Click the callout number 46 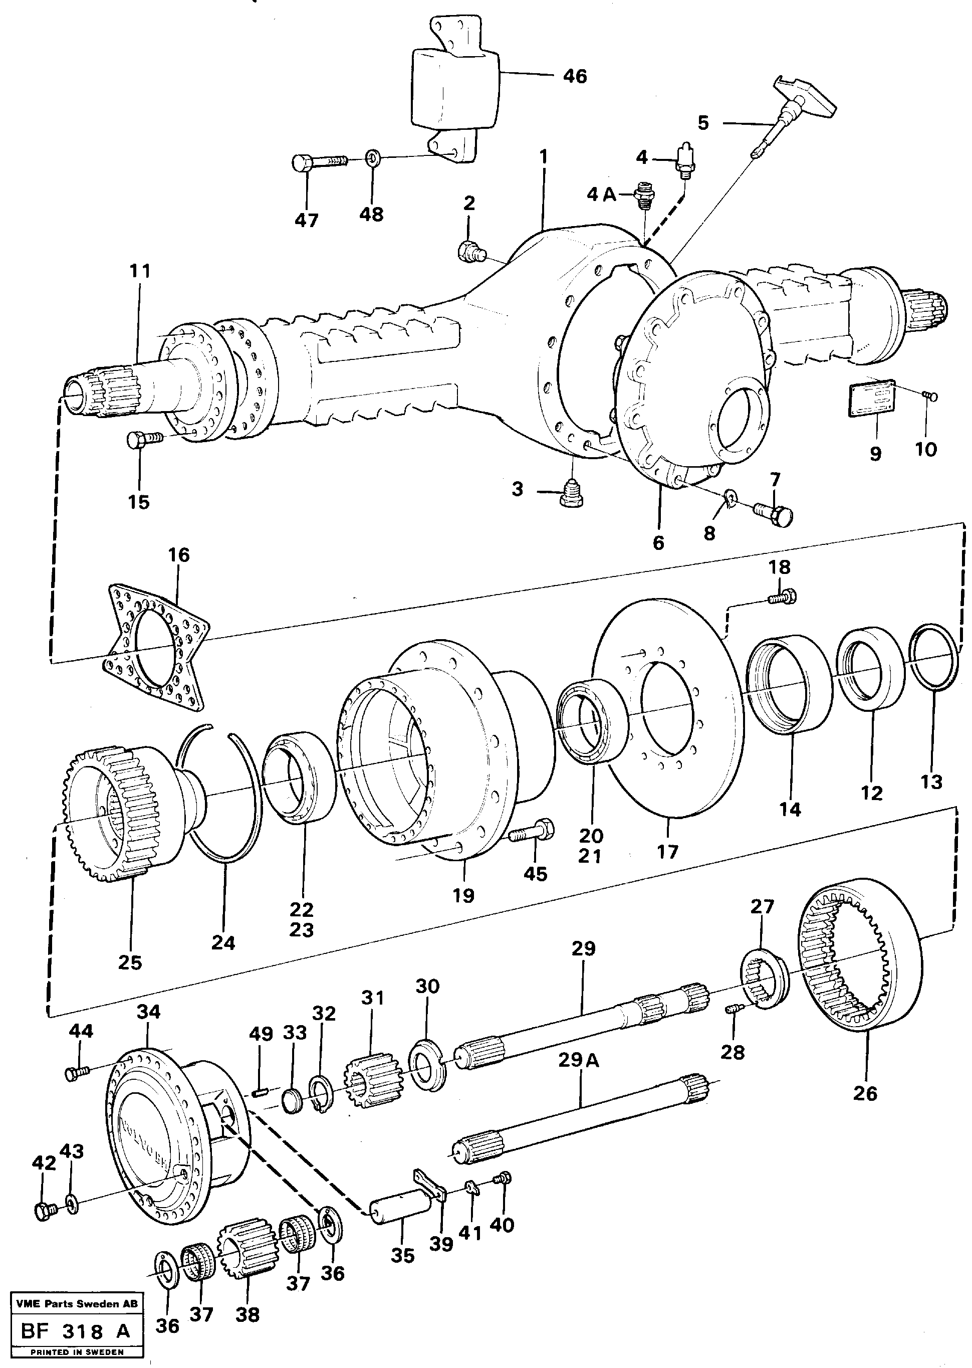coord(575,77)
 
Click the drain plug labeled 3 coord(573,494)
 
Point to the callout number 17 coord(667,851)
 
